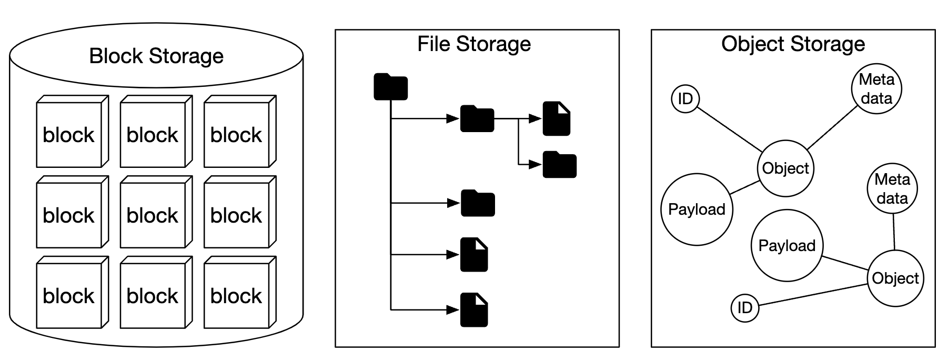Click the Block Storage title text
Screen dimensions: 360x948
click(x=156, y=56)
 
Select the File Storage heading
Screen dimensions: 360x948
click(x=473, y=44)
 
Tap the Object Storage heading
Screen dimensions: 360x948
click(x=792, y=44)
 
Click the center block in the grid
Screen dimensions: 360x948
click(x=153, y=215)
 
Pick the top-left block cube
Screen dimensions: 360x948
click(x=69, y=135)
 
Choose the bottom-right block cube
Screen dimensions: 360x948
click(x=236, y=296)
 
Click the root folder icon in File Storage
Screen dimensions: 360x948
click(x=390, y=87)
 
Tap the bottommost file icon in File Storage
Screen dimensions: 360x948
click(x=474, y=310)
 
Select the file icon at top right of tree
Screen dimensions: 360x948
click(x=557, y=119)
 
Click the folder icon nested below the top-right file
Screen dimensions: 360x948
click(x=559, y=165)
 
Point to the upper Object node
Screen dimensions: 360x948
click(x=785, y=168)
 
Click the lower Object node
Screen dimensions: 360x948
click(x=895, y=278)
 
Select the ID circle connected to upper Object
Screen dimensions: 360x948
click(x=685, y=98)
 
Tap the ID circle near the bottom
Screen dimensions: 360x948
click(x=745, y=307)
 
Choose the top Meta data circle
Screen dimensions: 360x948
click(x=876, y=88)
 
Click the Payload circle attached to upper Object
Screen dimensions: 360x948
click(x=697, y=209)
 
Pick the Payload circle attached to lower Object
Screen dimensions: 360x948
click(x=786, y=246)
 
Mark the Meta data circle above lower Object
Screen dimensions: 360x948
click(x=892, y=188)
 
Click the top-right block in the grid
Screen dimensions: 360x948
click(x=236, y=135)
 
